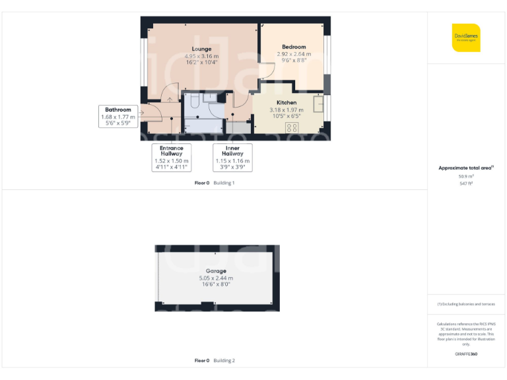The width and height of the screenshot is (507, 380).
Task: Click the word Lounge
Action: pyautogui.click(x=201, y=49)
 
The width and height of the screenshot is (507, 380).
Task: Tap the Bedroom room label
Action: pyautogui.click(x=294, y=47)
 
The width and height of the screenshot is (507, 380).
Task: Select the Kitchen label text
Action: pyautogui.click(x=287, y=102)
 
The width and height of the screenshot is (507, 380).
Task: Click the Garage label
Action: pyautogui.click(x=216, y=271)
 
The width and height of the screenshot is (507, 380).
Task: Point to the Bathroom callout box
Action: pyautogui.click(x=118, y=115)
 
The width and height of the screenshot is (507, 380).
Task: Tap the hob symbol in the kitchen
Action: pyautogui.click(x=291, y=127)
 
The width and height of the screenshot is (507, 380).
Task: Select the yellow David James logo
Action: pyautogui.click(x=466, y=38)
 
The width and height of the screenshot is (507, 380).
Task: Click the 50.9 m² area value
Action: pyautogui.click(x=467, y=176)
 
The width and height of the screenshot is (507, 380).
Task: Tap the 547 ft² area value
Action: pyautogui.click(x=467, y=183)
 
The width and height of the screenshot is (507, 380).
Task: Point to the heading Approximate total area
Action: pyautogui.click(x=466, y=168)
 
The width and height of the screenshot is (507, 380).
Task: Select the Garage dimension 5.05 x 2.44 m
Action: pyautogui.click(x=216, y=278)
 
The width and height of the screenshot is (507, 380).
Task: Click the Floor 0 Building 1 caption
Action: pyautogui.click(x=215, y=183)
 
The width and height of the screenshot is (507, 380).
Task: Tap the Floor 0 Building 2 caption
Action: pyautogui.click(x=215, y=361)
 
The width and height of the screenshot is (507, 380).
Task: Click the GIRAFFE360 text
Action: pyautogui.click(x=466, y=354)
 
